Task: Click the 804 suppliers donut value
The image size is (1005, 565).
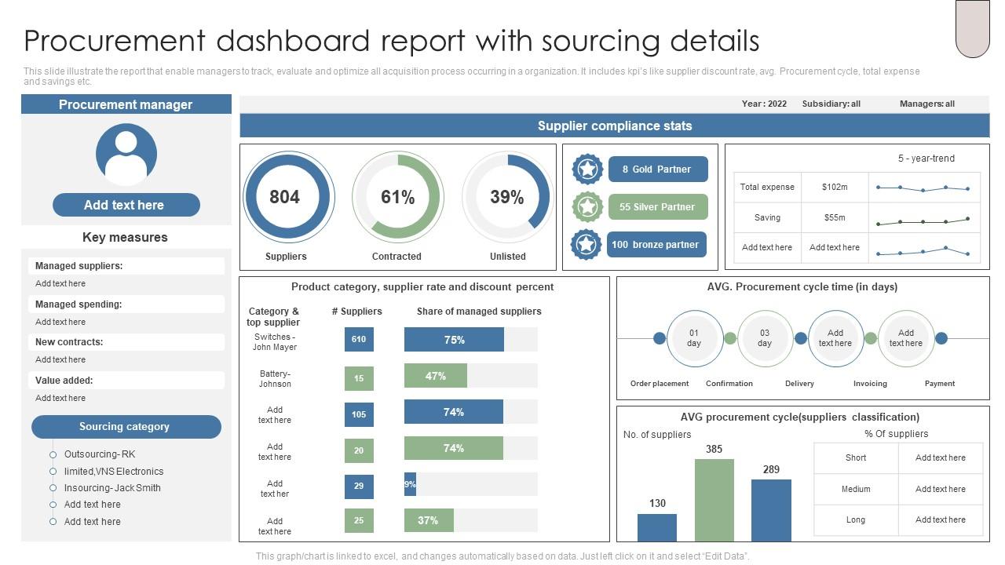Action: (284, 197)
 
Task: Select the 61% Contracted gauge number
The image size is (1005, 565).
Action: (397, 197)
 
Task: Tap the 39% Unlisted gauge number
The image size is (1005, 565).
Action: (506, 197)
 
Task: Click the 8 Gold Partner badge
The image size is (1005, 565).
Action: (657, 169)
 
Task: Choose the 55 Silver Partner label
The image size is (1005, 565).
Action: (657, 207)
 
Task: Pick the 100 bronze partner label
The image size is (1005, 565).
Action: (656, 245)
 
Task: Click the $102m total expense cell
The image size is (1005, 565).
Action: (835, 188)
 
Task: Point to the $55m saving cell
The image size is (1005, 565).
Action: (835, 217)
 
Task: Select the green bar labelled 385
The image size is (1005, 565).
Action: (714, 500)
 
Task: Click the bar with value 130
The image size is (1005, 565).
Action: (657, 527)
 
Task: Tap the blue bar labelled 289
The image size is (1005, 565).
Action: (771, 510)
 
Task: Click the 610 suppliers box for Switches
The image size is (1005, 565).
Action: (359, 340)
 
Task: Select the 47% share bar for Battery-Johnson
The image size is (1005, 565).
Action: (436, 376)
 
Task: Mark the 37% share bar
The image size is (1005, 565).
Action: (429, 520)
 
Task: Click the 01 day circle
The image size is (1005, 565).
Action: (694, 338)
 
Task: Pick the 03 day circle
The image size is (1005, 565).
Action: (765, 338)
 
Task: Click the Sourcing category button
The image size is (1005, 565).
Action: (126, 427)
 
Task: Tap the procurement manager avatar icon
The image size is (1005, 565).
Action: (126, 154)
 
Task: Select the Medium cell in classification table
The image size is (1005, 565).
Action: (856, 489)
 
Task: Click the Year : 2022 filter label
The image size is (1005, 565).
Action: (764, 104)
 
